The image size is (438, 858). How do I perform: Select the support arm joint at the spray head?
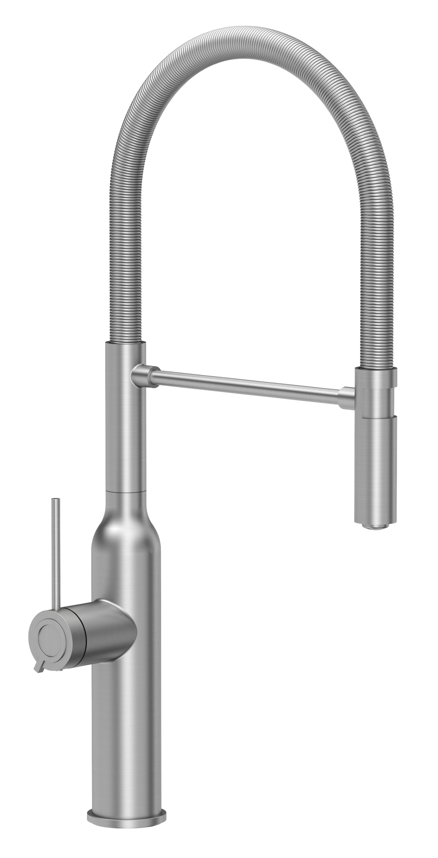pos(347,397)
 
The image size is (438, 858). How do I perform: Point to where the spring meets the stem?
pos(126,343)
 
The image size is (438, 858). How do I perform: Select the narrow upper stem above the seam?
pos(126,433)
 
